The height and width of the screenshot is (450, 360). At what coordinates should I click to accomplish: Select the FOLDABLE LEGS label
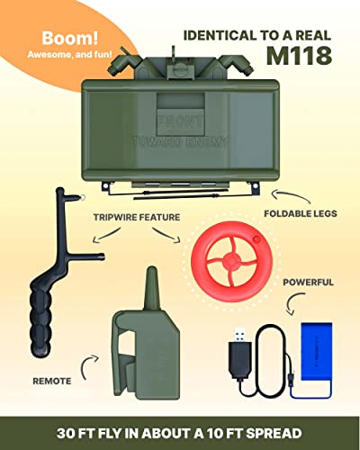pyautogui.click(x=289, y=213)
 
